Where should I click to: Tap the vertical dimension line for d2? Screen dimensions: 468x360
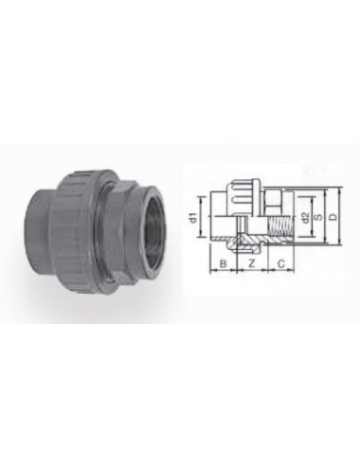click(x=299, y=220)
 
